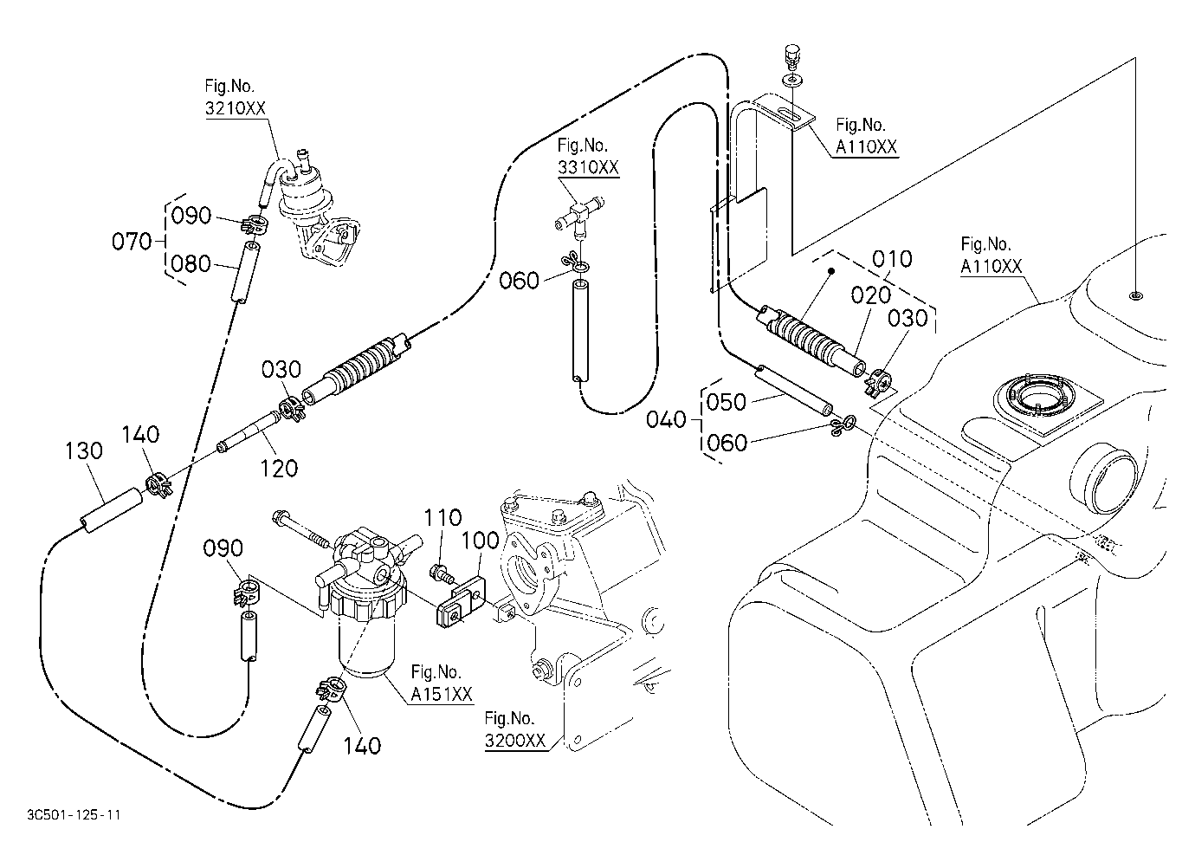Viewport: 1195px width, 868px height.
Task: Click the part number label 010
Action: tap(892, 259)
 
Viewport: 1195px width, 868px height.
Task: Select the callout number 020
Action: tap(870, 295)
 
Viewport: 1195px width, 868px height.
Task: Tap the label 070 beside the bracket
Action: tap(132, 242)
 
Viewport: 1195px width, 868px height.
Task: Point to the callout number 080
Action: tap(191, 264)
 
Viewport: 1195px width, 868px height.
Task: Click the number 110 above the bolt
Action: tap(442, 517)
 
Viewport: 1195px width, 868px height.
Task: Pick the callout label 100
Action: tap(480, 541)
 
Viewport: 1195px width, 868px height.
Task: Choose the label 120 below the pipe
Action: tap(279, 468)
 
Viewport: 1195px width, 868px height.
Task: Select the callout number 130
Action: tap(83, 451)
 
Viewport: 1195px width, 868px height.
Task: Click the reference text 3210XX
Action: tap(236, 108)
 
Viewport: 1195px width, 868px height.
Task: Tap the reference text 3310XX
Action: tap(589, 167)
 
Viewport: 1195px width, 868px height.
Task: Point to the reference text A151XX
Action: tap(442, 694)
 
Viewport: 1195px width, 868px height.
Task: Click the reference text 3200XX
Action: tap(515, 741)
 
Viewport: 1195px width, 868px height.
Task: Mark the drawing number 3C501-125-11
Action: tap(74, 815)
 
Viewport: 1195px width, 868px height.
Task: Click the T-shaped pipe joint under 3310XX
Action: tap(578, 217)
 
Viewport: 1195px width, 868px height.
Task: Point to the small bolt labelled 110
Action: tap(441, 573)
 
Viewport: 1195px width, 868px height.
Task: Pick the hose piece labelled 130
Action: tap(112, 510)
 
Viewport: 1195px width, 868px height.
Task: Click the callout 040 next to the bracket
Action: tap(666, 419)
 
